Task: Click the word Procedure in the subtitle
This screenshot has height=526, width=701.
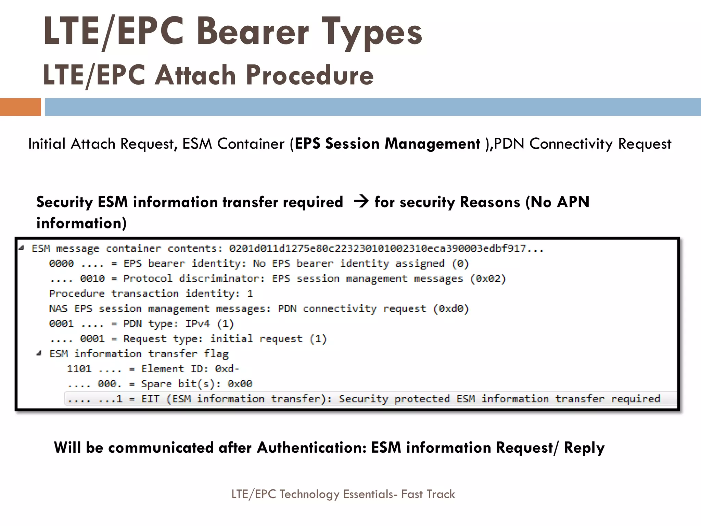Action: tap(309, 75)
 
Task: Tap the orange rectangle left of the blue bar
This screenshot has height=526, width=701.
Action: tap(20, 107)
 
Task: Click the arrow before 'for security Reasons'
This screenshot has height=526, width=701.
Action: tap(361, 201)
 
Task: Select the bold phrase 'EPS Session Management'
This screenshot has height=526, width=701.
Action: tap(387, 144)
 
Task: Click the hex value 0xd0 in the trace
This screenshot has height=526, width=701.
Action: tap(451, 309)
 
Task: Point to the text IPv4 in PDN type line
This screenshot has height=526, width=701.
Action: tap(197, 324)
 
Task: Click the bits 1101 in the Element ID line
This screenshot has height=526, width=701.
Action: tap(79, 369)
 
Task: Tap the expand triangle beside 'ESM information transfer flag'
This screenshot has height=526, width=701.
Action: tap(39, 353)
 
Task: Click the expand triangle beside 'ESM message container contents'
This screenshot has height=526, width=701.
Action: tap(22, 248)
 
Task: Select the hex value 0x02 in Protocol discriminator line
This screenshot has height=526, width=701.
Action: tap(488, 279)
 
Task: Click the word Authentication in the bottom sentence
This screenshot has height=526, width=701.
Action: tap(311, 448)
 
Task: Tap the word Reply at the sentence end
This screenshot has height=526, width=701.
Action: tap(584, 448)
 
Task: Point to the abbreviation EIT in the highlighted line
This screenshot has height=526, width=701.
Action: tap(150, 399)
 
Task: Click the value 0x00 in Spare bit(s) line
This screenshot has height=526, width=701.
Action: tap(240, 384)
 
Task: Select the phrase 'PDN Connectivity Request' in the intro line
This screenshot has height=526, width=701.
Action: tap(582, 144)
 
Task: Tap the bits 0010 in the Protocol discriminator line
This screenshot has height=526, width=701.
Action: tap(92, 279)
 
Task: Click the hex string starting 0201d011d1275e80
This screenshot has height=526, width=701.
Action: tap(386, 248)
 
